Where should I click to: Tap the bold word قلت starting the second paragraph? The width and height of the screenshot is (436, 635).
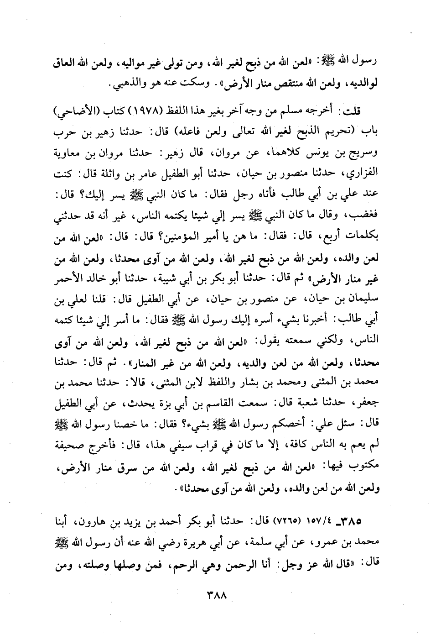pyautogui.click(x=369, y=111)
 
